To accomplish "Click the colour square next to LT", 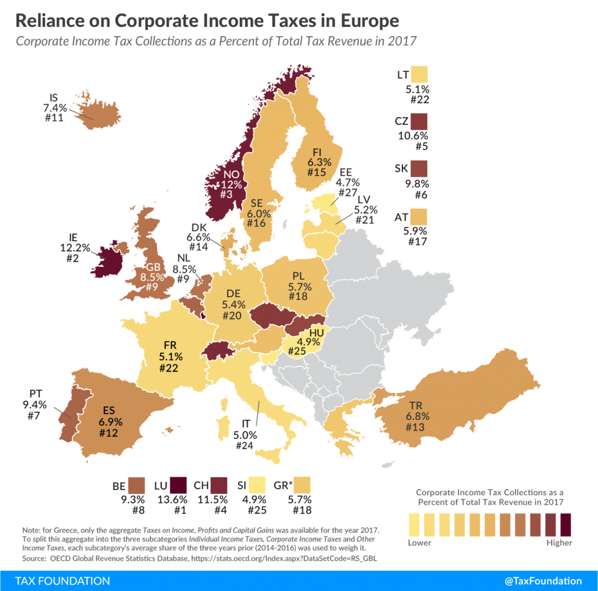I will click(419, 74).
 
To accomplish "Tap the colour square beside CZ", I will click(419, 121).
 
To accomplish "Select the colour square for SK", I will click(419, 169).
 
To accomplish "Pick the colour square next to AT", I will click(419, 217).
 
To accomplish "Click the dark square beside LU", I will click(178, 485).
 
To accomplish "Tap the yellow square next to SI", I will click(258, 485).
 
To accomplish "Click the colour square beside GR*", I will click(303, 485).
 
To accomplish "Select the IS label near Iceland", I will click(53, 97).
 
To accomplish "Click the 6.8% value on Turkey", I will click(417, 417).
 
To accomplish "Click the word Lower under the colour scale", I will click(419, 543).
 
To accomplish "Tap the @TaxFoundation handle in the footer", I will click(543, 580).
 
